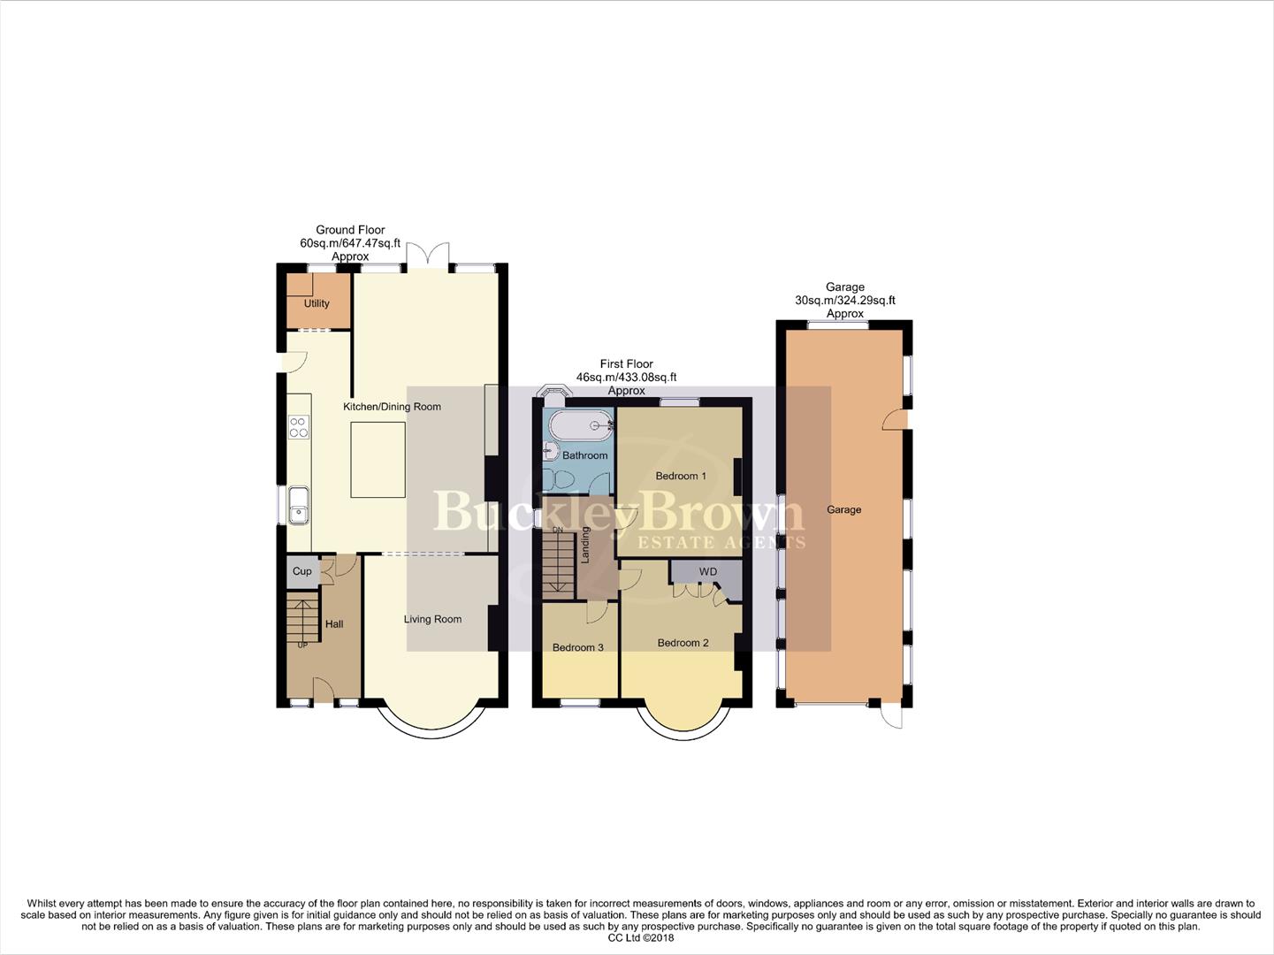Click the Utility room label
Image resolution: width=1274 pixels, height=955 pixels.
[317, 303]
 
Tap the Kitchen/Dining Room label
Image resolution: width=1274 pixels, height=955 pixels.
[392, 407]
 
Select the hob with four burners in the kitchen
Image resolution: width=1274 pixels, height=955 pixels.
[299, 427]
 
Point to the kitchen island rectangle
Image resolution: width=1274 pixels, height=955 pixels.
[378, 460]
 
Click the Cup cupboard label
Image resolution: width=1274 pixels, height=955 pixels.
[302, 571]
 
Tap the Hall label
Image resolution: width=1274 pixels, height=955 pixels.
[334, 624]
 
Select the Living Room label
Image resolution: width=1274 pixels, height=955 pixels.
[432, 619]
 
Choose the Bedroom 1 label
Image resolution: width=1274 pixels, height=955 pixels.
[680, 476]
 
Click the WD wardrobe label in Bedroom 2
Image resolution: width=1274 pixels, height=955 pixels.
[707, 572]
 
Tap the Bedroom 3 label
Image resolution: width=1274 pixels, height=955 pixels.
[577, 647]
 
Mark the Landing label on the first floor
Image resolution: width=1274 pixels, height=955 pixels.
[585, 546]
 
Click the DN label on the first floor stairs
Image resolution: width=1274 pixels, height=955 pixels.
[557, 530]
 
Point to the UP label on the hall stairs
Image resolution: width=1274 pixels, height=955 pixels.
[302, 645]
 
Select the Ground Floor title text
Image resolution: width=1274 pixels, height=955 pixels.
[350, 230]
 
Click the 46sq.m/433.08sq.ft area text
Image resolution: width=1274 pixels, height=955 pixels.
[626, 377]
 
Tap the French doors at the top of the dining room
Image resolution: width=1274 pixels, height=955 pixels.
[428, 255]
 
